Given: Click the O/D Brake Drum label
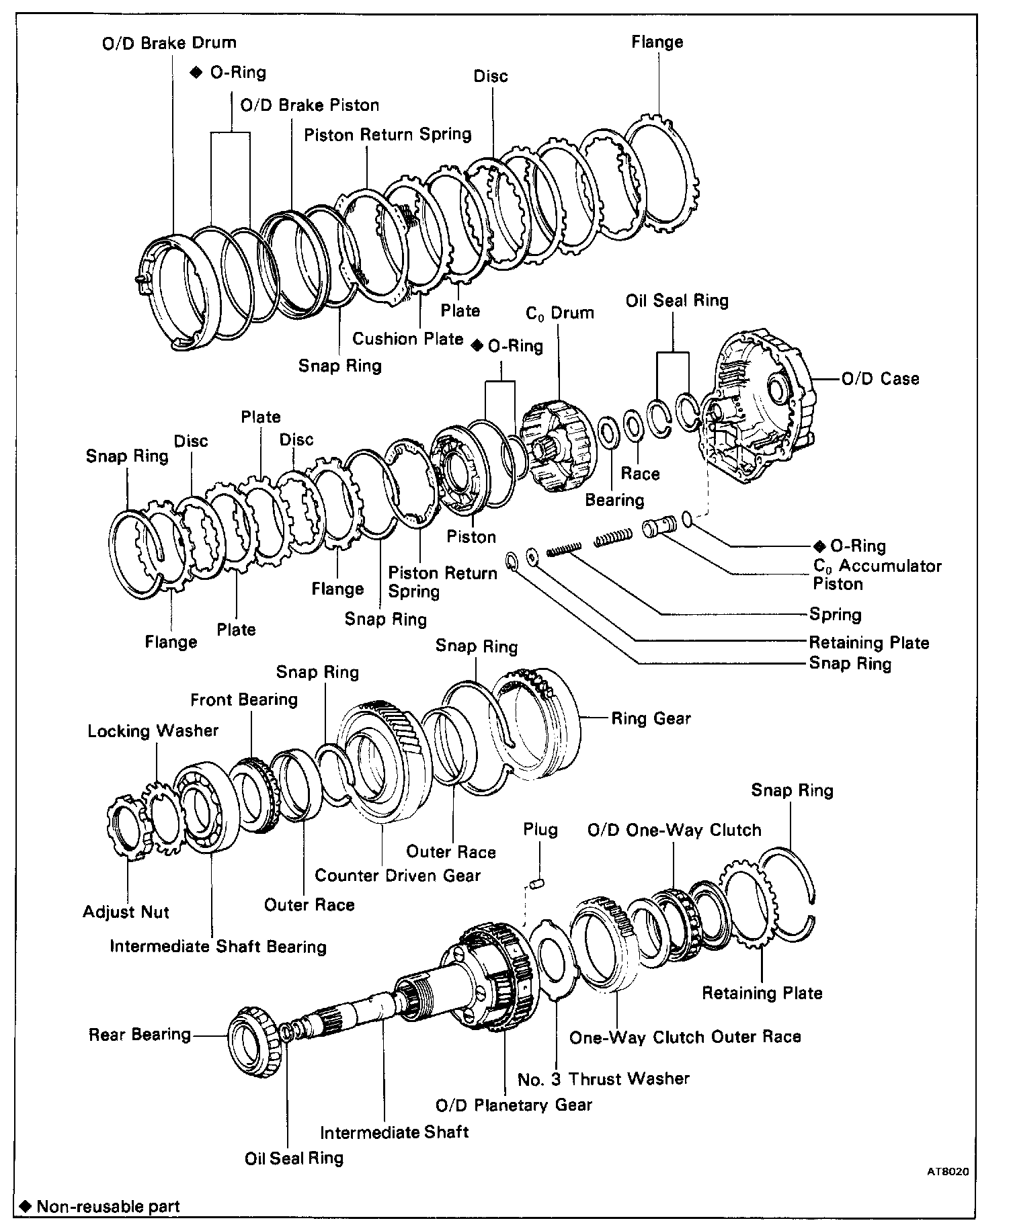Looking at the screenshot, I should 169,43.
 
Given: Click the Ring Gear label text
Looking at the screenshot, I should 651,719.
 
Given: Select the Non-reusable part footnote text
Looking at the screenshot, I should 108,1206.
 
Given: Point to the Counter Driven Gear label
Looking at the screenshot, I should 397,876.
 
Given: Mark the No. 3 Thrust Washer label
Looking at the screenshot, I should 604,1078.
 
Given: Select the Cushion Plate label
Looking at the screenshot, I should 408,339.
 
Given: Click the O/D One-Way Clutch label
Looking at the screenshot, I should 674,830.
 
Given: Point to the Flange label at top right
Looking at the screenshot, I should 657,42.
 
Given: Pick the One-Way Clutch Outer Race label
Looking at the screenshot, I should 685,1037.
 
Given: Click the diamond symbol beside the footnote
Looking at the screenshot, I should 26,1206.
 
